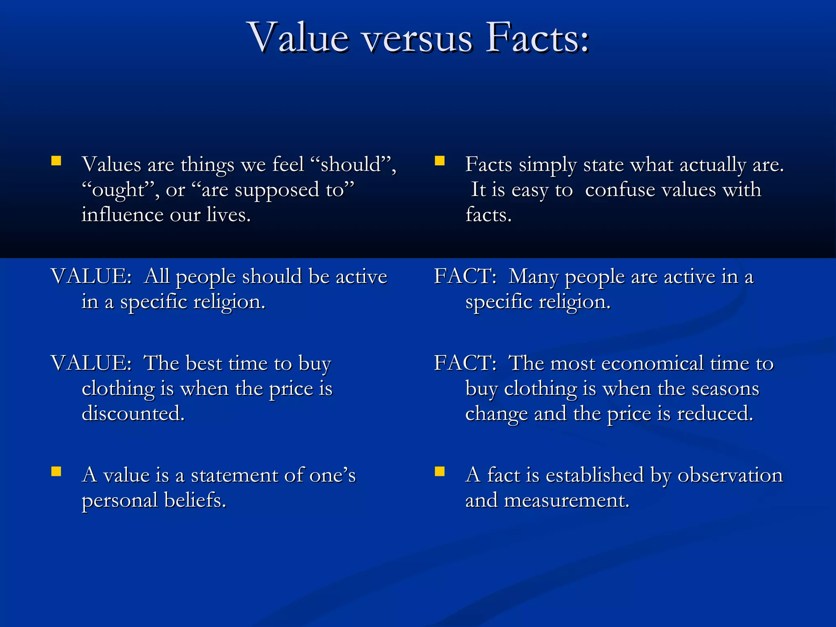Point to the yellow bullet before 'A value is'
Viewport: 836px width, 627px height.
tap(56, 471)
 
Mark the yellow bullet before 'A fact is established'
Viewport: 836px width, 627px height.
tap(440, 471)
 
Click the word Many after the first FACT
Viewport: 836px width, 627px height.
tap(534, 277)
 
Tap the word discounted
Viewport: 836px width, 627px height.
tap(133, 414)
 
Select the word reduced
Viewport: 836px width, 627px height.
tap(715, 414)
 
